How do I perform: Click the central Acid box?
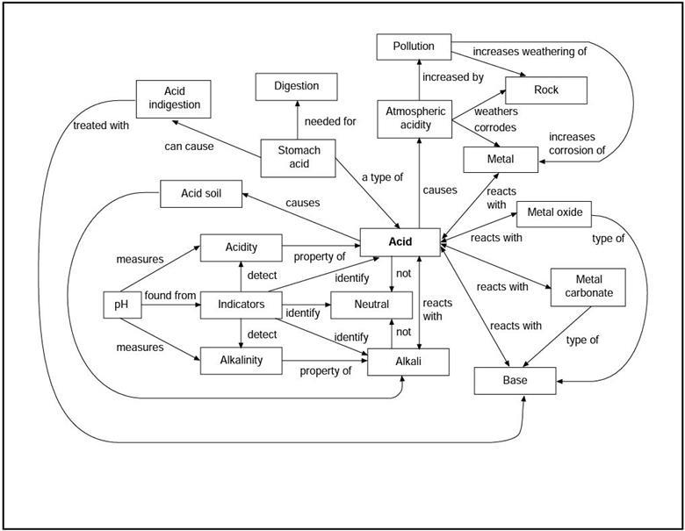[x=400, y=241]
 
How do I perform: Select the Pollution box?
[x=413, y=47]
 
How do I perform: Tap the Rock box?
[x=545, y=90]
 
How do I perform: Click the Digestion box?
[x=297, y=86]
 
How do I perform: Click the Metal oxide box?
[x=554, y=212]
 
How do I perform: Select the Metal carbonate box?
[x=588, y=286]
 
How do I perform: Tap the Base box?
[x=515, y=381]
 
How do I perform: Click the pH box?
[x=121, y=305]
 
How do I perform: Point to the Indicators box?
[x=241, y=305]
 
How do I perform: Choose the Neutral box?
[x=371, y=305]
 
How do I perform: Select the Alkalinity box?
[x=241, y=360]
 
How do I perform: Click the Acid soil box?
[x=199, y=193]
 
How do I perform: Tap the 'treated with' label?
[x=101, y=126]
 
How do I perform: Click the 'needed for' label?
[x=330, y=121]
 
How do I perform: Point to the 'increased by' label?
[x=452, y=77]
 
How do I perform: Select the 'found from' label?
[x=170, y=296]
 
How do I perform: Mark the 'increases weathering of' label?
[x=530, y=51]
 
